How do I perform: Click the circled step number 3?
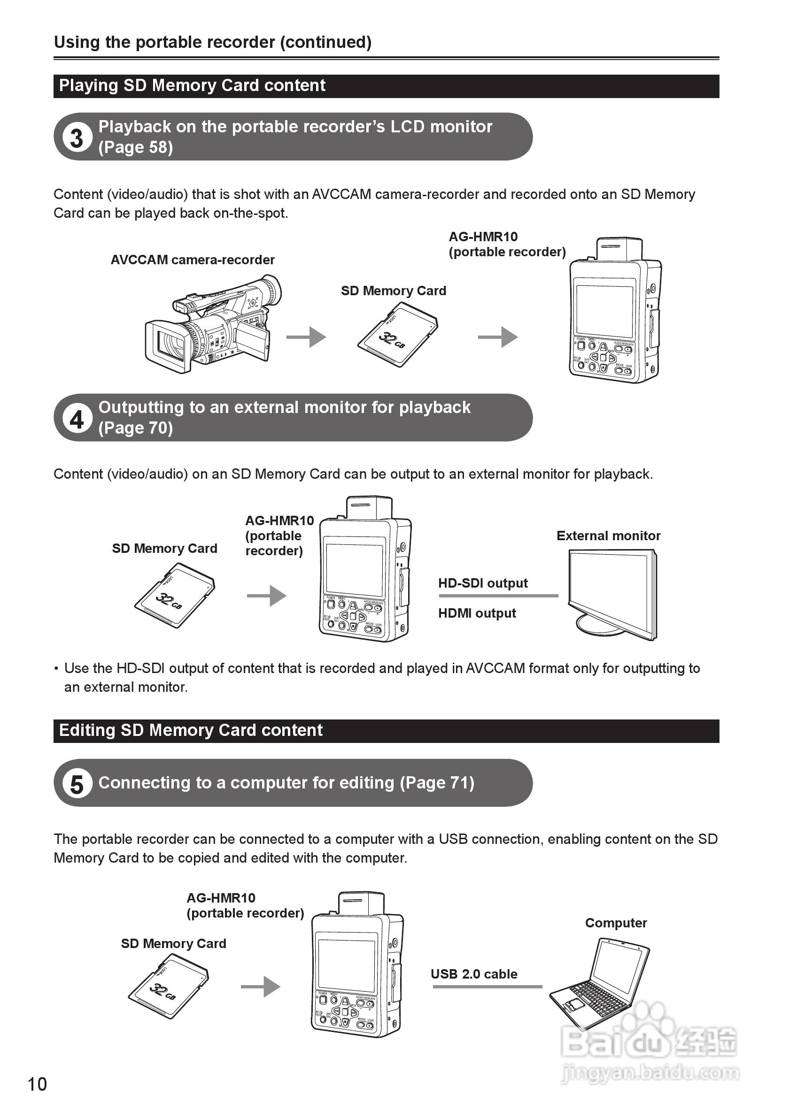[77, 138]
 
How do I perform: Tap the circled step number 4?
[77, 418]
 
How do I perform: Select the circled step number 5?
[77, 784]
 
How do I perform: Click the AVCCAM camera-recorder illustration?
[213, 325]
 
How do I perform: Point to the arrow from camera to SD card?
[306, 337]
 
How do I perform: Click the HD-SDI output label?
[483, 583]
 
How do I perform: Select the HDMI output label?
[477, 613]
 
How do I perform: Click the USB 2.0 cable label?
[473, 974]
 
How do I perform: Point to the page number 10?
[38, 1085]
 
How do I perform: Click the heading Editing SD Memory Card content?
[191, 730]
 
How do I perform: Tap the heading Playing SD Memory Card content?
[192, 85]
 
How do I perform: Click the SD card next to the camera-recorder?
[398, 335]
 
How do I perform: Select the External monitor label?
[608, 536]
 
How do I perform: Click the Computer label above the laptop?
[616, 923]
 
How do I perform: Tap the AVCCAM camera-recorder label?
[193, 260]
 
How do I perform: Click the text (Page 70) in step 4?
[136, 428]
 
